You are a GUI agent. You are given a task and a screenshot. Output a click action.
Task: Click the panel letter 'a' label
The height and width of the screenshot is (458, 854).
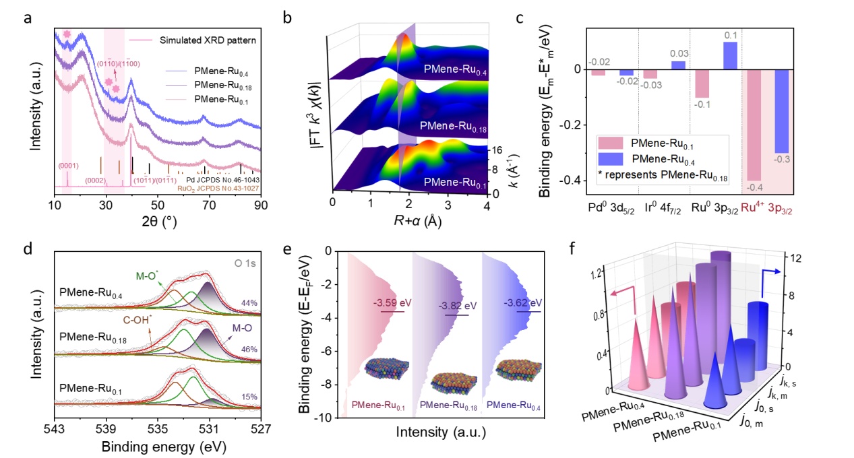pos(27,18)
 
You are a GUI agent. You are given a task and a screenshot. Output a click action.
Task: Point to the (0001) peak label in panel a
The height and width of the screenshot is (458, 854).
pos(66,164)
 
